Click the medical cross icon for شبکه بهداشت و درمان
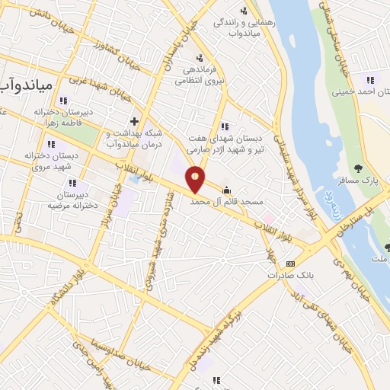134,121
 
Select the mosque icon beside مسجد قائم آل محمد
225,190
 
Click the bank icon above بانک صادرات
290,263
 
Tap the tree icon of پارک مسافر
359,169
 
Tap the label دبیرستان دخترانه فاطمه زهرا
61,116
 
